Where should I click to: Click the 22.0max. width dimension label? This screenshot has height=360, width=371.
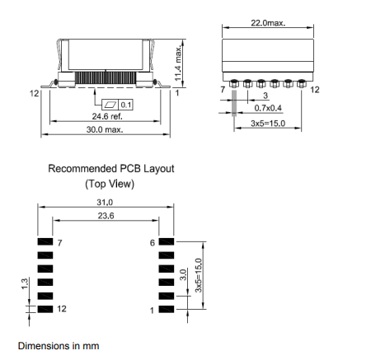pyautogui.click(x=268, y=23)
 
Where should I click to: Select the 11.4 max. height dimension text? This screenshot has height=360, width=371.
pyautogui.click(x=178, y=63)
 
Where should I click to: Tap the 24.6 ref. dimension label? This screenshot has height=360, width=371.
pyautogui.click(x=107, y=116)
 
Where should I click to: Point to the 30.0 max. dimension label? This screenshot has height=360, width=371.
pyautogui.click(x=105, y=129)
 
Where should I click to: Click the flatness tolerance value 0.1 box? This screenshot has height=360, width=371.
pyautogui.click(x=126, y=105)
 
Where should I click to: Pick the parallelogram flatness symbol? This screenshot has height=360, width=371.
pyautogui.click(x=110, y=105)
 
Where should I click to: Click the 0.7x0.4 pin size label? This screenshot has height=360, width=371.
pyautogui.click(x=268, y=108)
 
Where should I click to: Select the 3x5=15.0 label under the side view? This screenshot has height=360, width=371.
pyautogui.click(x=268, y=124)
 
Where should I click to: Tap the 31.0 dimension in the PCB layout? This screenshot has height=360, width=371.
pyautogui.click(x=105, y=203)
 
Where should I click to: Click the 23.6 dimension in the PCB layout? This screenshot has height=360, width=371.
pyautogui.click(x=106, y=216)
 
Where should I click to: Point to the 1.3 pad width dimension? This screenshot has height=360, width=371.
pyautogui.click(x=25, y=283)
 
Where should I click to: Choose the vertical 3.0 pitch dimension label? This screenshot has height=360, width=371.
pyautogui.click(x=183, y=274)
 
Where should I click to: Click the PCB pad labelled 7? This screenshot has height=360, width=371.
pyautogui.click(x=45, y=241)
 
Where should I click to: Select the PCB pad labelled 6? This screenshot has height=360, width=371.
pyautogui.click(x=167, y=241)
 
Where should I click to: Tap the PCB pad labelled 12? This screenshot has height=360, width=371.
pyautogui.click(x=45, y=309)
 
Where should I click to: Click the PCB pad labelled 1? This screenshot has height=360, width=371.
pyautogui.click(x=167, y=309)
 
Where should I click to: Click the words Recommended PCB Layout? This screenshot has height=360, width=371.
pyautogui.click(x=111, y=169)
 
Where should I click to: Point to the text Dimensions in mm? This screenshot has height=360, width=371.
pyautogui.click(x=59, y=346)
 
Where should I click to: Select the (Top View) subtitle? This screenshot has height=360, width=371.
pyautogui.click(x=110, y=184)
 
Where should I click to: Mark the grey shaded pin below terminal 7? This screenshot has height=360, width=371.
pyautogui.click(x=234, y=103)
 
